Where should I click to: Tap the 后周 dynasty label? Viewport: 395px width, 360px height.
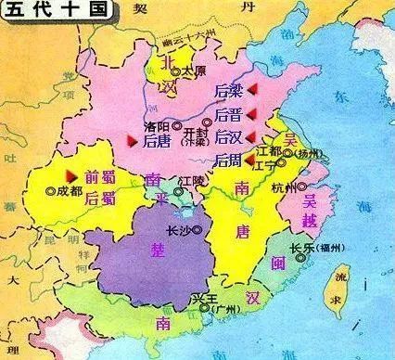pos(227,160)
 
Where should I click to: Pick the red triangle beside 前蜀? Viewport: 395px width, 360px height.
pos(69,174)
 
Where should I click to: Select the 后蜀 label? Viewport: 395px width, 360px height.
pos(99,198)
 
